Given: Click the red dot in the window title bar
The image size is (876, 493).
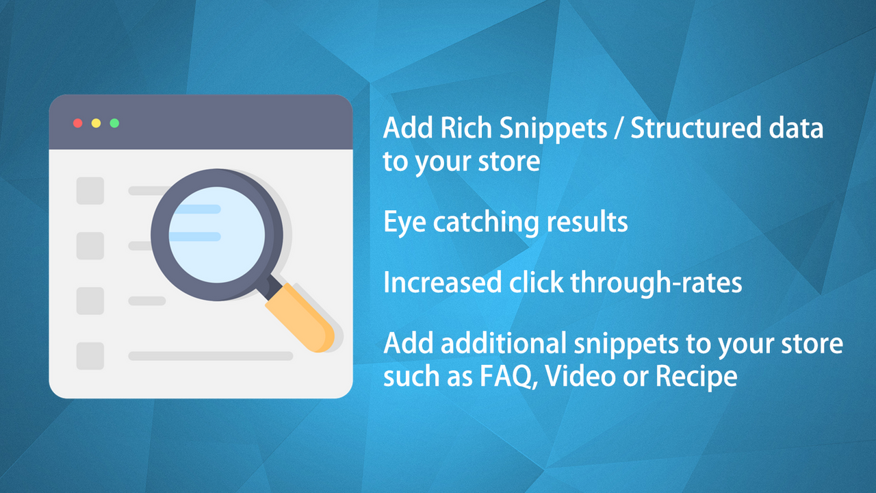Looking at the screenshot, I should coord(78,123).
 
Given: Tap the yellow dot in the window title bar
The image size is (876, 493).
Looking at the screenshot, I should coord(96,123).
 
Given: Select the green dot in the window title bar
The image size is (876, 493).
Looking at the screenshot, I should coord(114,123).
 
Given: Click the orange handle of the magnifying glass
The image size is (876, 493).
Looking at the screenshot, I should coord(301,316).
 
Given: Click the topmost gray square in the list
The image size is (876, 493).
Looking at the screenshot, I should coord(90,191).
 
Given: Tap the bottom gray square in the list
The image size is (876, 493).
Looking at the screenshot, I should coord(90,356).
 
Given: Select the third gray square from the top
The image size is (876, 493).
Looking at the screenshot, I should coord(90,301).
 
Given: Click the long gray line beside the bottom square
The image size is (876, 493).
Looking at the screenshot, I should coord(211,356).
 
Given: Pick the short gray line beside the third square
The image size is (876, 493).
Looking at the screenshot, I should coord(147,301).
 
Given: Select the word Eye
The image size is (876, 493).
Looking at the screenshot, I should coord(404,223).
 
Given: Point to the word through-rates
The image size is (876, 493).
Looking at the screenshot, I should coord(658,283).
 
